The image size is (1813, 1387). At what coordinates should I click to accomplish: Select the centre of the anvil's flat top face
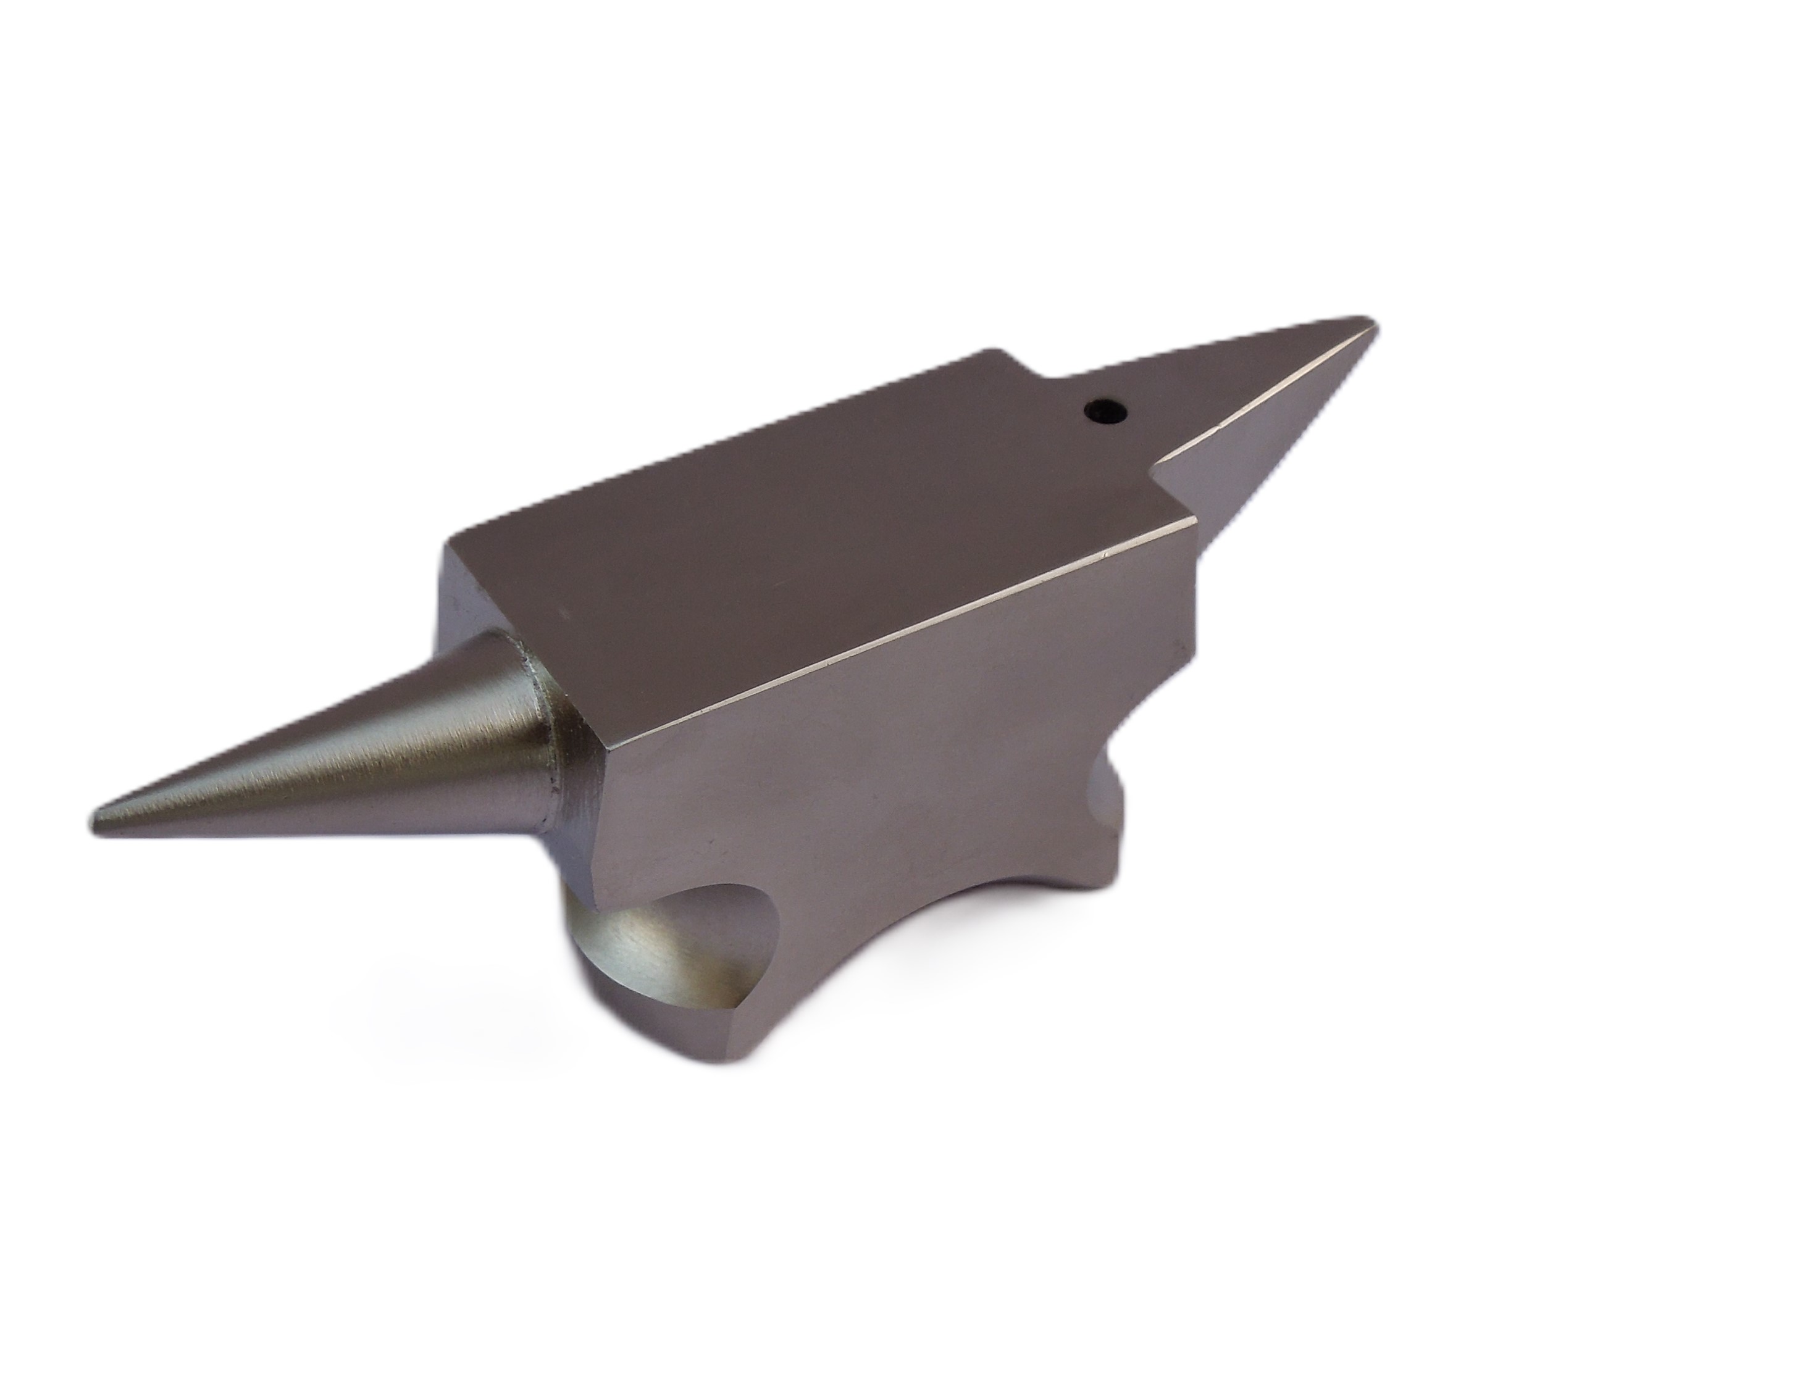(x=826, y=528)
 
